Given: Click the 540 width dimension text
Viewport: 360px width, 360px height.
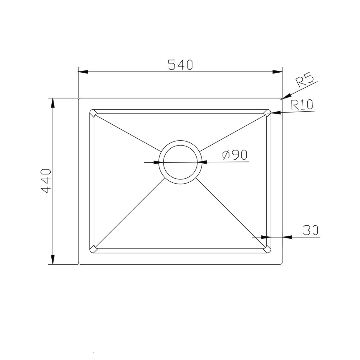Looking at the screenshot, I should [180, 65].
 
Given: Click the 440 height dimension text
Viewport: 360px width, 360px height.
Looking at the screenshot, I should [46, 181].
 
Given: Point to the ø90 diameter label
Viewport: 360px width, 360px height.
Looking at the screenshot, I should [235, 155].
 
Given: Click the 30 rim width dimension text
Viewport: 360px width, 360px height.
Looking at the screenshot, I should [310, 230].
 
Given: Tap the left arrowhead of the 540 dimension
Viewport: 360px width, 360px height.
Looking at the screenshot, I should [83, 72].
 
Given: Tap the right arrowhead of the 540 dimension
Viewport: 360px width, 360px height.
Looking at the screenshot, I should [277, 72].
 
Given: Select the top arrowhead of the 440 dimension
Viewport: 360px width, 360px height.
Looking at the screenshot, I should [53, 103].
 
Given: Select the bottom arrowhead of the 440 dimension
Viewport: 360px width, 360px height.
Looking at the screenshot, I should [53, 260].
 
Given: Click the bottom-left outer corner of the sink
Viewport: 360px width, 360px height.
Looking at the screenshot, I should [79, 264].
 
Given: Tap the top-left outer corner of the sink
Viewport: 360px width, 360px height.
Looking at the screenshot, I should [79, 99].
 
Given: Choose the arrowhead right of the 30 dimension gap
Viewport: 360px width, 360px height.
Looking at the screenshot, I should [287, 237].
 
